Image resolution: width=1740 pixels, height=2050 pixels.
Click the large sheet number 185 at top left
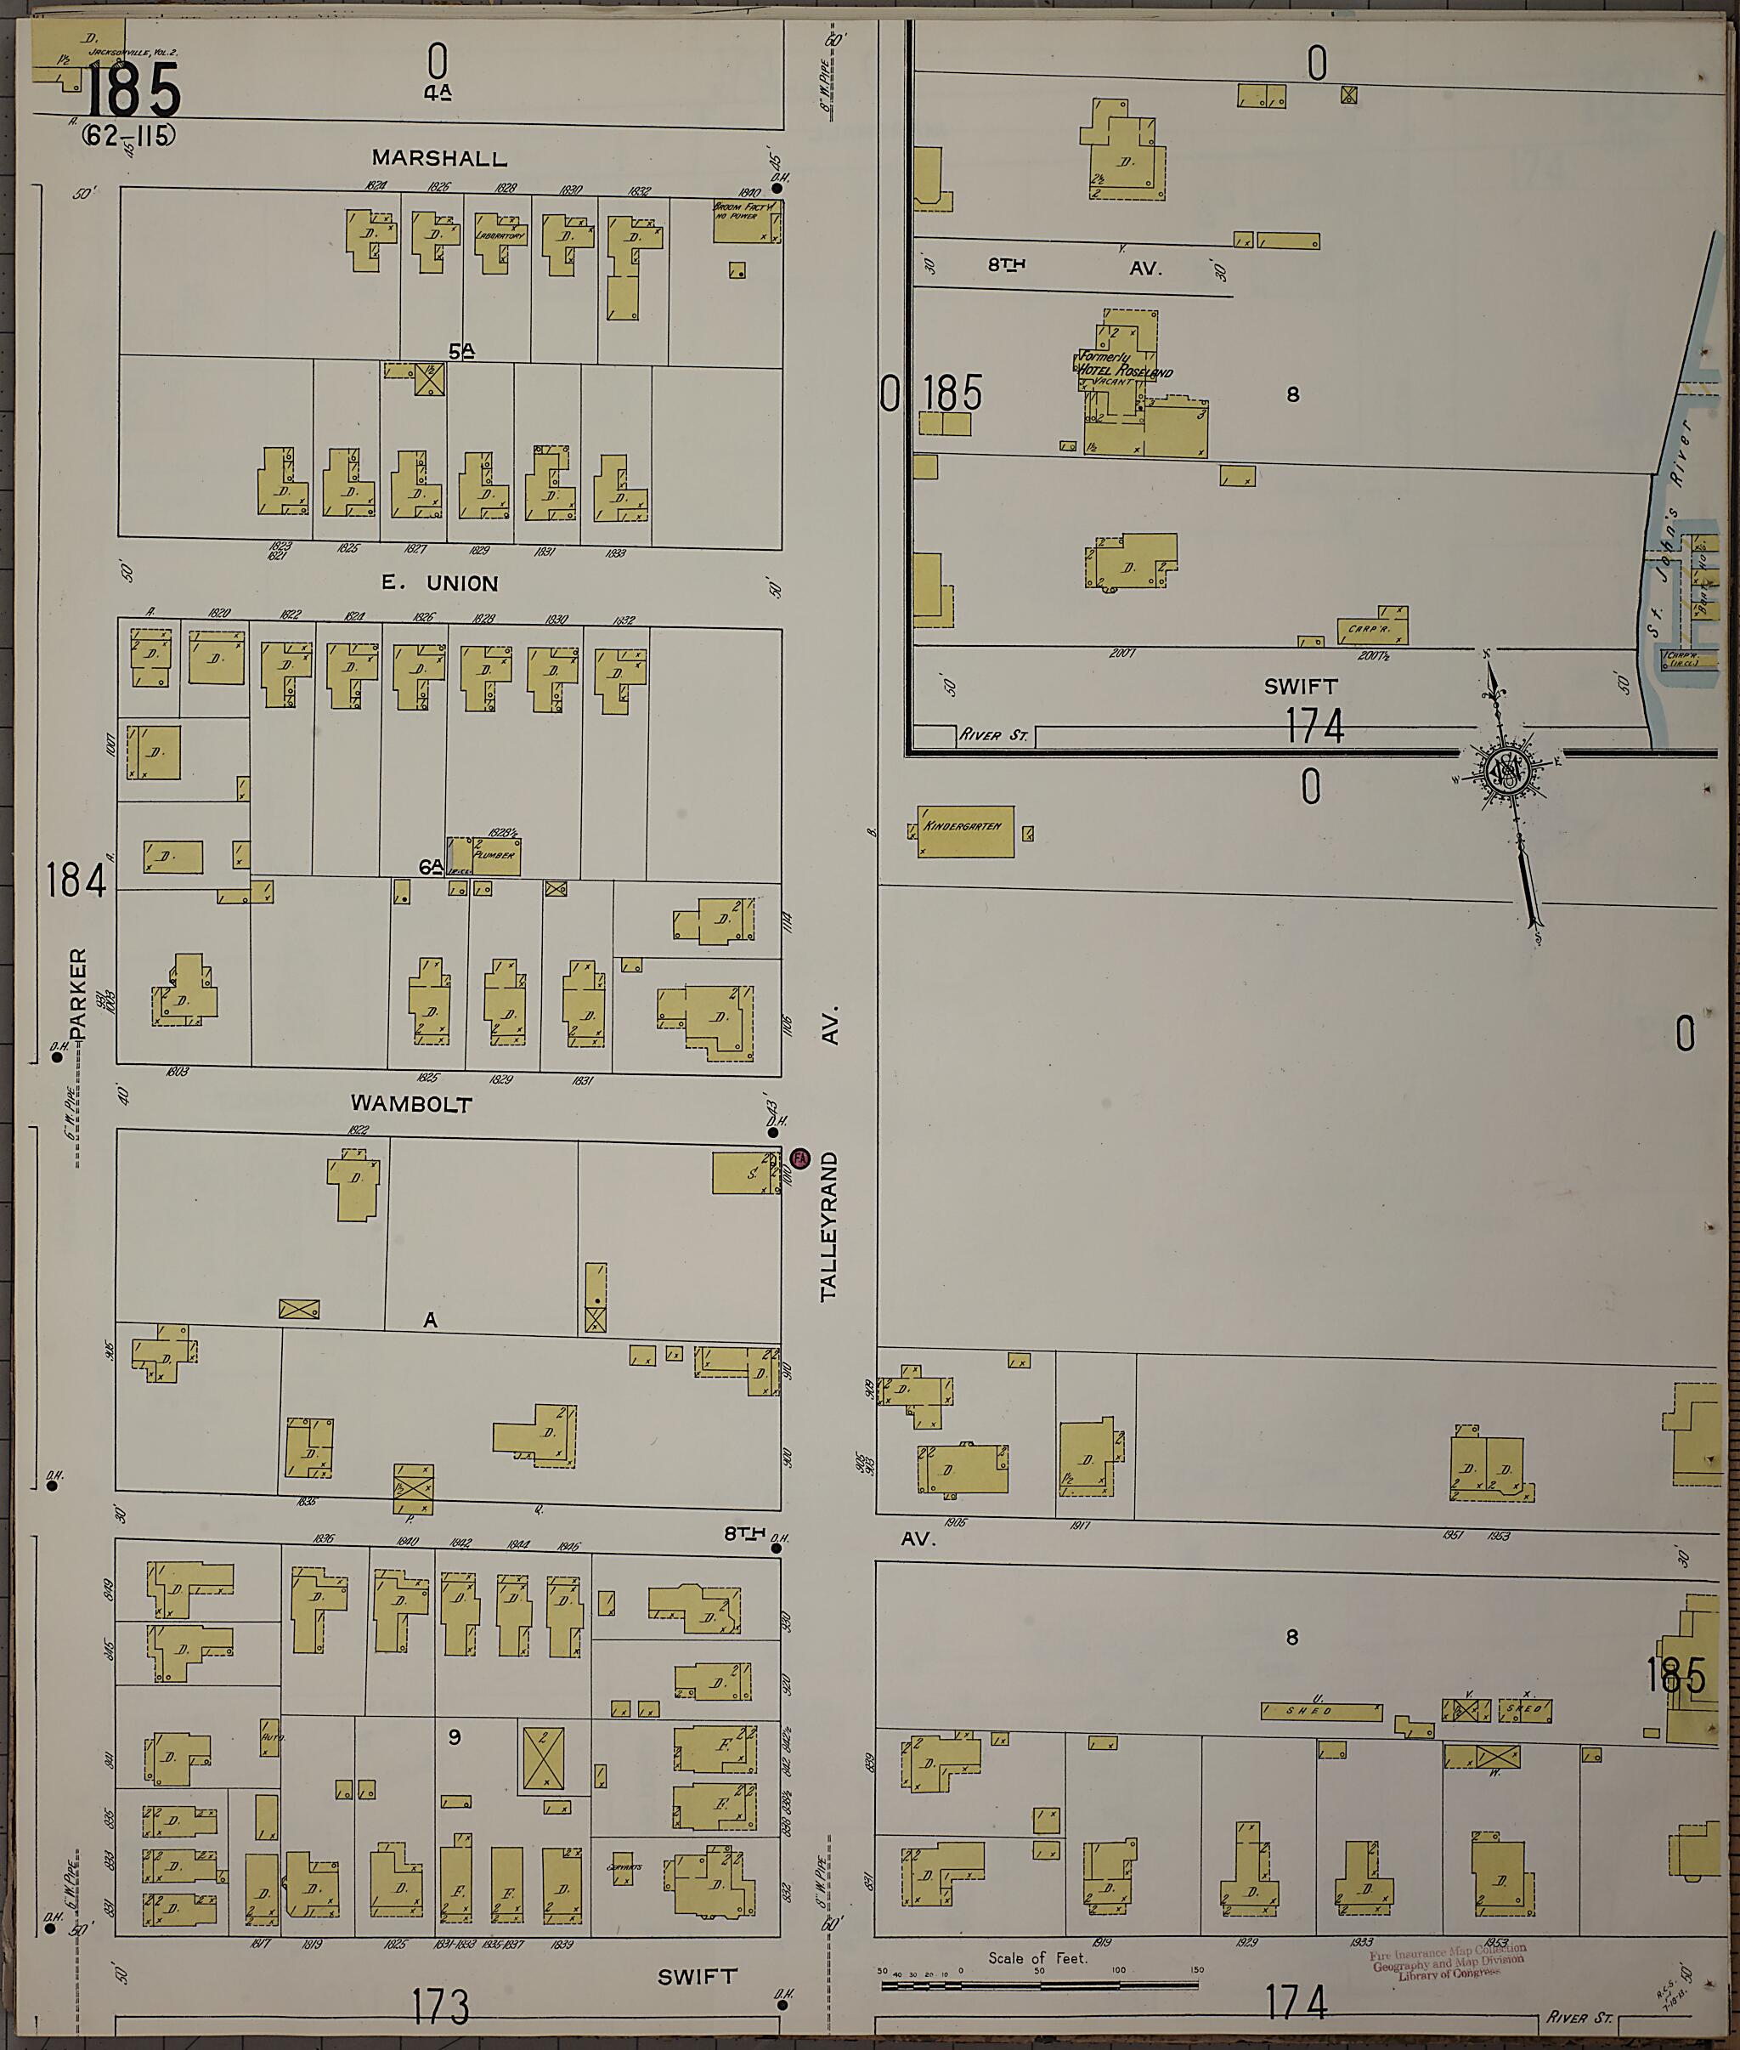[x=133, y=91]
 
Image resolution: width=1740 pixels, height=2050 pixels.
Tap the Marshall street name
[x=439, y=158]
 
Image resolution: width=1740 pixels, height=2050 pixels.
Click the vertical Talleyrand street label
[x=828, y=1226]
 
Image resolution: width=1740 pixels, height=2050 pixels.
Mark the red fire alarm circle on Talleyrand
[x=800, y=1158]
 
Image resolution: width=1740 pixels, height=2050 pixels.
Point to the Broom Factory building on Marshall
[x=747, y=221]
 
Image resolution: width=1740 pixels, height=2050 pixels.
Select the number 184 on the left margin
[x=75, y=880]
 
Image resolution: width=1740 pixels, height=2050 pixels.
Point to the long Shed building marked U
[x=1321, y=1712]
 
